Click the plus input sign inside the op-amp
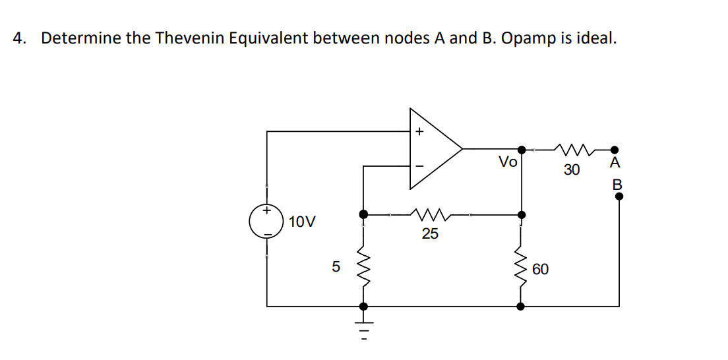(418, 132)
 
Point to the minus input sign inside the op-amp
(418, 165)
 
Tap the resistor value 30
(572, 170)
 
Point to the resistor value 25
(430, 234)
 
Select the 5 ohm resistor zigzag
(363, 267)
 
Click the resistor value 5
(336, 267)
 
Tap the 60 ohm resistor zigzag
(522, 267)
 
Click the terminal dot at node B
(619, 196)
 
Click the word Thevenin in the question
(191, 38)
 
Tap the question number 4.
(19, 38)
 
